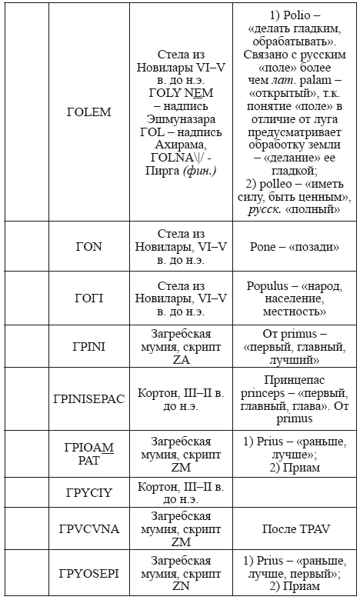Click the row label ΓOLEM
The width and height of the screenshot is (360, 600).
88,112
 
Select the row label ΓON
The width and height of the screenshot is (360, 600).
88,247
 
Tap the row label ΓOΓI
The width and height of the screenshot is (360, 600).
88,297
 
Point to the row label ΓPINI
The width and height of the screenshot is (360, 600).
88,346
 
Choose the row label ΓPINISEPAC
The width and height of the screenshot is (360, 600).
88,399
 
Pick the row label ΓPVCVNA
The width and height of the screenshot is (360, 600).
88,530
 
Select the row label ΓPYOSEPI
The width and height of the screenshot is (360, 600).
88,574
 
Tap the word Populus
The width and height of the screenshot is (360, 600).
272,285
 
